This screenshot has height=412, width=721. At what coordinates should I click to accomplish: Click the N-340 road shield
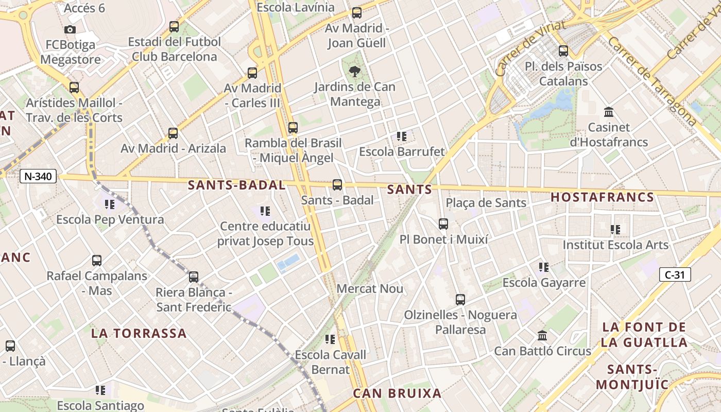click(x=38, y=176)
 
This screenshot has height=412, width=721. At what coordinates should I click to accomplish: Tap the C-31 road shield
click(x=675, y=274)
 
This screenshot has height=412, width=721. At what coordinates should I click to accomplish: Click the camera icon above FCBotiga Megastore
click(x=70, y=30)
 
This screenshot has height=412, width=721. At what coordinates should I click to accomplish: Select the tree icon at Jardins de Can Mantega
click(x=355, y=71)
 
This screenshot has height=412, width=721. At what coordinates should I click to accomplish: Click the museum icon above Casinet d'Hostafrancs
click(x=609, y=112)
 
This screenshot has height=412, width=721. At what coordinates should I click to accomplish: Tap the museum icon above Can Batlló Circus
click(x=542, y=336)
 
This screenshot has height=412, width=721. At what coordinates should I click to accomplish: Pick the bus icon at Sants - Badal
click(x=337, y=185)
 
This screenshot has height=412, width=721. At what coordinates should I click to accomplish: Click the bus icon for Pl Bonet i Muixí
click(x=443, y=224)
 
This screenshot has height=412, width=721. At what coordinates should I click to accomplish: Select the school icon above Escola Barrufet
click(x=402, y=136)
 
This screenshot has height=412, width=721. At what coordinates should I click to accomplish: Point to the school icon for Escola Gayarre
click(x=544, y=267)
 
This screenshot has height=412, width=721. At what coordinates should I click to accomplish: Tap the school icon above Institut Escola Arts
click(x=615, y=230)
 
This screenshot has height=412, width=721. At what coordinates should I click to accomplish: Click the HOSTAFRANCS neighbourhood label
click(x=602, y=197)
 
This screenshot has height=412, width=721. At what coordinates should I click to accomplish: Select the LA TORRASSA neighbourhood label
click(x=139, y=333)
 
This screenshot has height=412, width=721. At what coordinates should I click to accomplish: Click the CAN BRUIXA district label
click(x=397, y=393)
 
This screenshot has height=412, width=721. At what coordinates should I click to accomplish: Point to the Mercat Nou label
click(x=370, y=288)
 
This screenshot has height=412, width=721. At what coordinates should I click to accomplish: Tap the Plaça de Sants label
click(x=486, y=203)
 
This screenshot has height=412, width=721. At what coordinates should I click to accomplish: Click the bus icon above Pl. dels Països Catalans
click(x=563, y=51)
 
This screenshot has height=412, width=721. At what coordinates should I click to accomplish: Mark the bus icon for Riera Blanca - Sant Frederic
click(x=194, y=277)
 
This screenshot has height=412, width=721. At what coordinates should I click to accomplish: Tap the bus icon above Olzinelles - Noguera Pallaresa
click(x=460, y=300)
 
